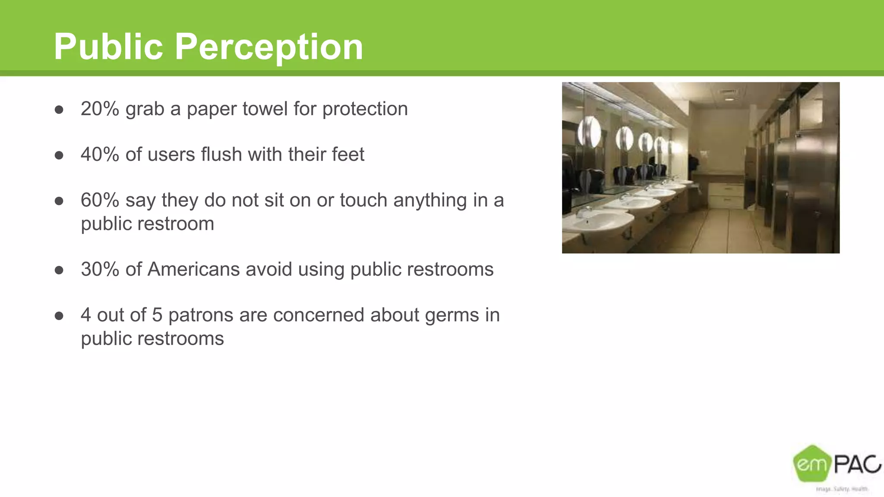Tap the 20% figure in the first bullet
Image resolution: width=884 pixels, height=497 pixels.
click(x=100, y=109)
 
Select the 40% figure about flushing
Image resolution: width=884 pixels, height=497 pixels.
click(x=100, y=154)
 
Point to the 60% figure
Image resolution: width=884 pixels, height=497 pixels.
click(x=100, y=200)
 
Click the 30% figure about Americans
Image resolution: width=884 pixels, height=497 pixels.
click(x=100, y=269)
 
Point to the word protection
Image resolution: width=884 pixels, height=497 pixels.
click(x=365, y=109)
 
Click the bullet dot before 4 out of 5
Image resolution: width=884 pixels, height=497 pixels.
click(x=59, y=316)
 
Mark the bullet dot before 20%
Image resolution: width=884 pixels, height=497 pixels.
click(x=59, y=110)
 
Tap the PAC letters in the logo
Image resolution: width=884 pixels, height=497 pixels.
click(x=857, y=464)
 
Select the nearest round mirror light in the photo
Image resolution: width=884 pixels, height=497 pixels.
click(x=590, y=132)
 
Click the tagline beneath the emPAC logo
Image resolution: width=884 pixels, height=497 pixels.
click(x=841, y=489)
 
